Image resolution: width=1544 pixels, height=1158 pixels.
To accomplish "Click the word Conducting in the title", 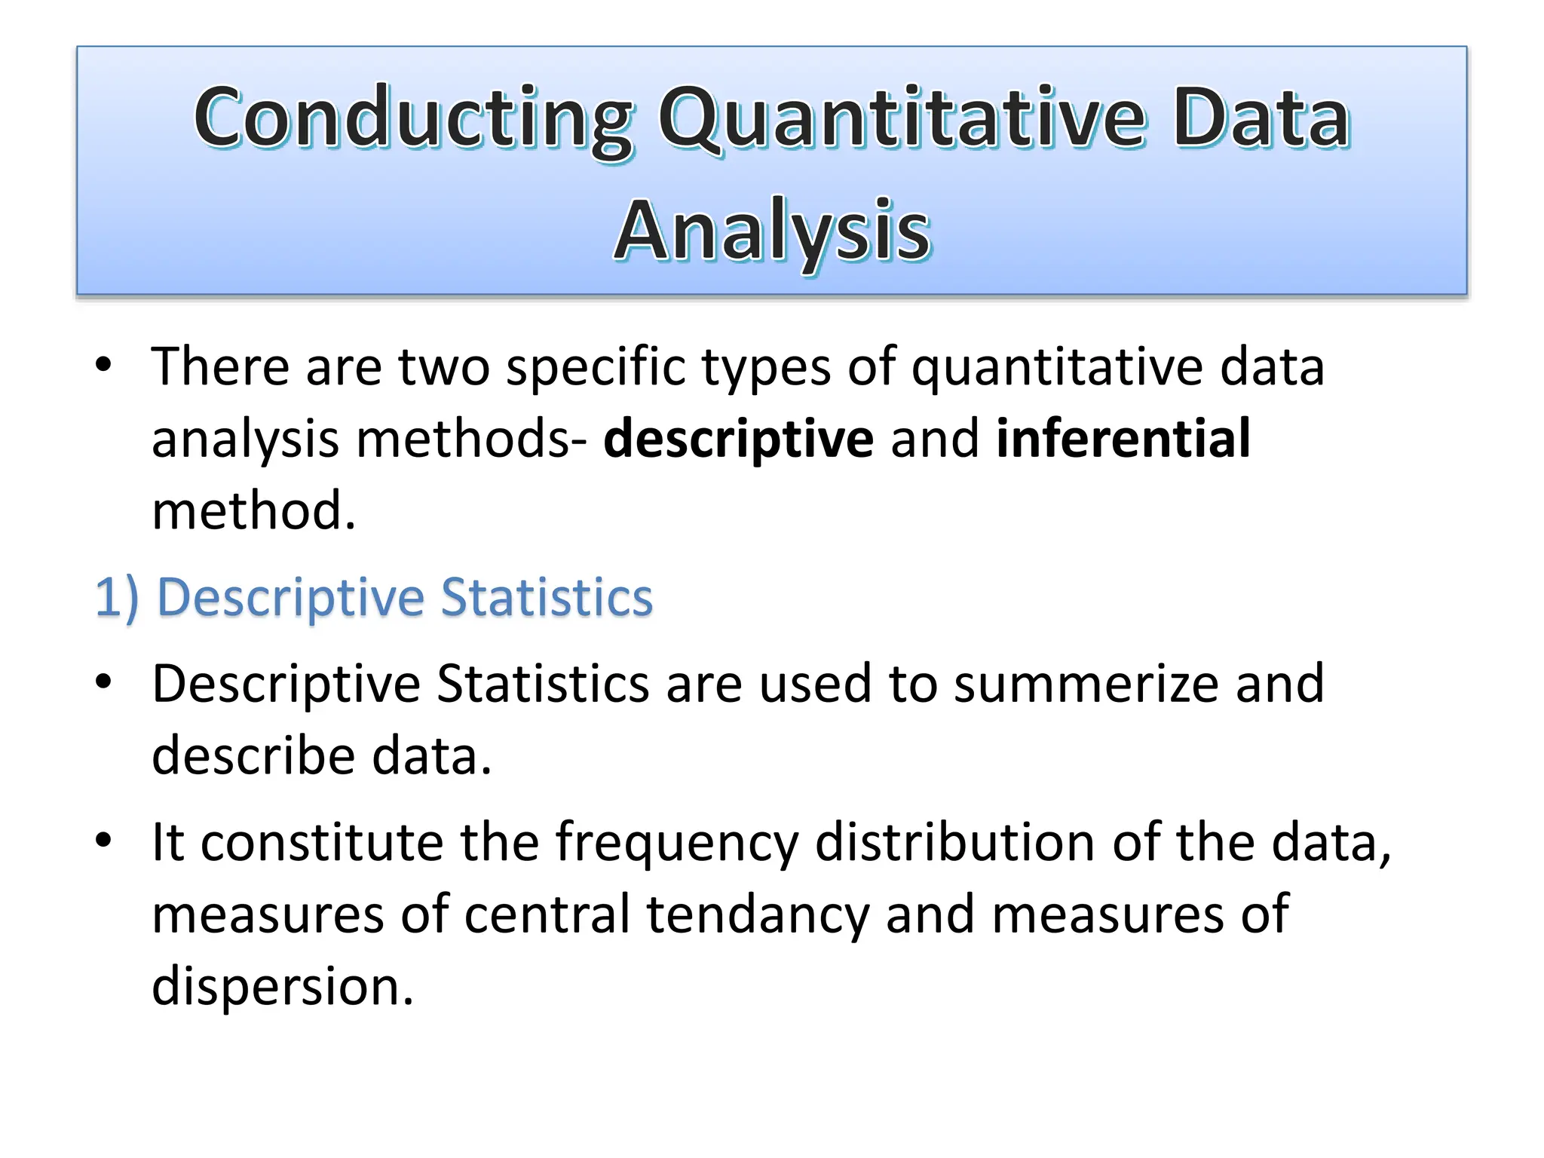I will [x=413, y=119].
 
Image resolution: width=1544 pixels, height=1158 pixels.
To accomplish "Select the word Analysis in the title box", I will [x=772, y=230].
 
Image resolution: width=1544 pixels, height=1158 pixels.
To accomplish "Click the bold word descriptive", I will [x=738, y=439].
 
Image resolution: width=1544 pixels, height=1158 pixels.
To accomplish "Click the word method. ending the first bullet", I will [x=253, y=510].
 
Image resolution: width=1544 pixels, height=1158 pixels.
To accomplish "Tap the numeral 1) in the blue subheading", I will [x=116, y=597].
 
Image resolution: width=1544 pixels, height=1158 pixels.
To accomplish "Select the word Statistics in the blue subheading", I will [x=546, y=597].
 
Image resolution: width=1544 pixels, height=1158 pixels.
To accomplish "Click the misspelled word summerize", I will [x=1085, y=684].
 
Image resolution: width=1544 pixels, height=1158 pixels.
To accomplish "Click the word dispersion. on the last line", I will [x=283, y=986].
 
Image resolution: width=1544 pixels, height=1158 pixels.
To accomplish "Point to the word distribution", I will [x=954, y=842].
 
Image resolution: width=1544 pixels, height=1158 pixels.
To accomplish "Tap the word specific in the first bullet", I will [x=596, y=367].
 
